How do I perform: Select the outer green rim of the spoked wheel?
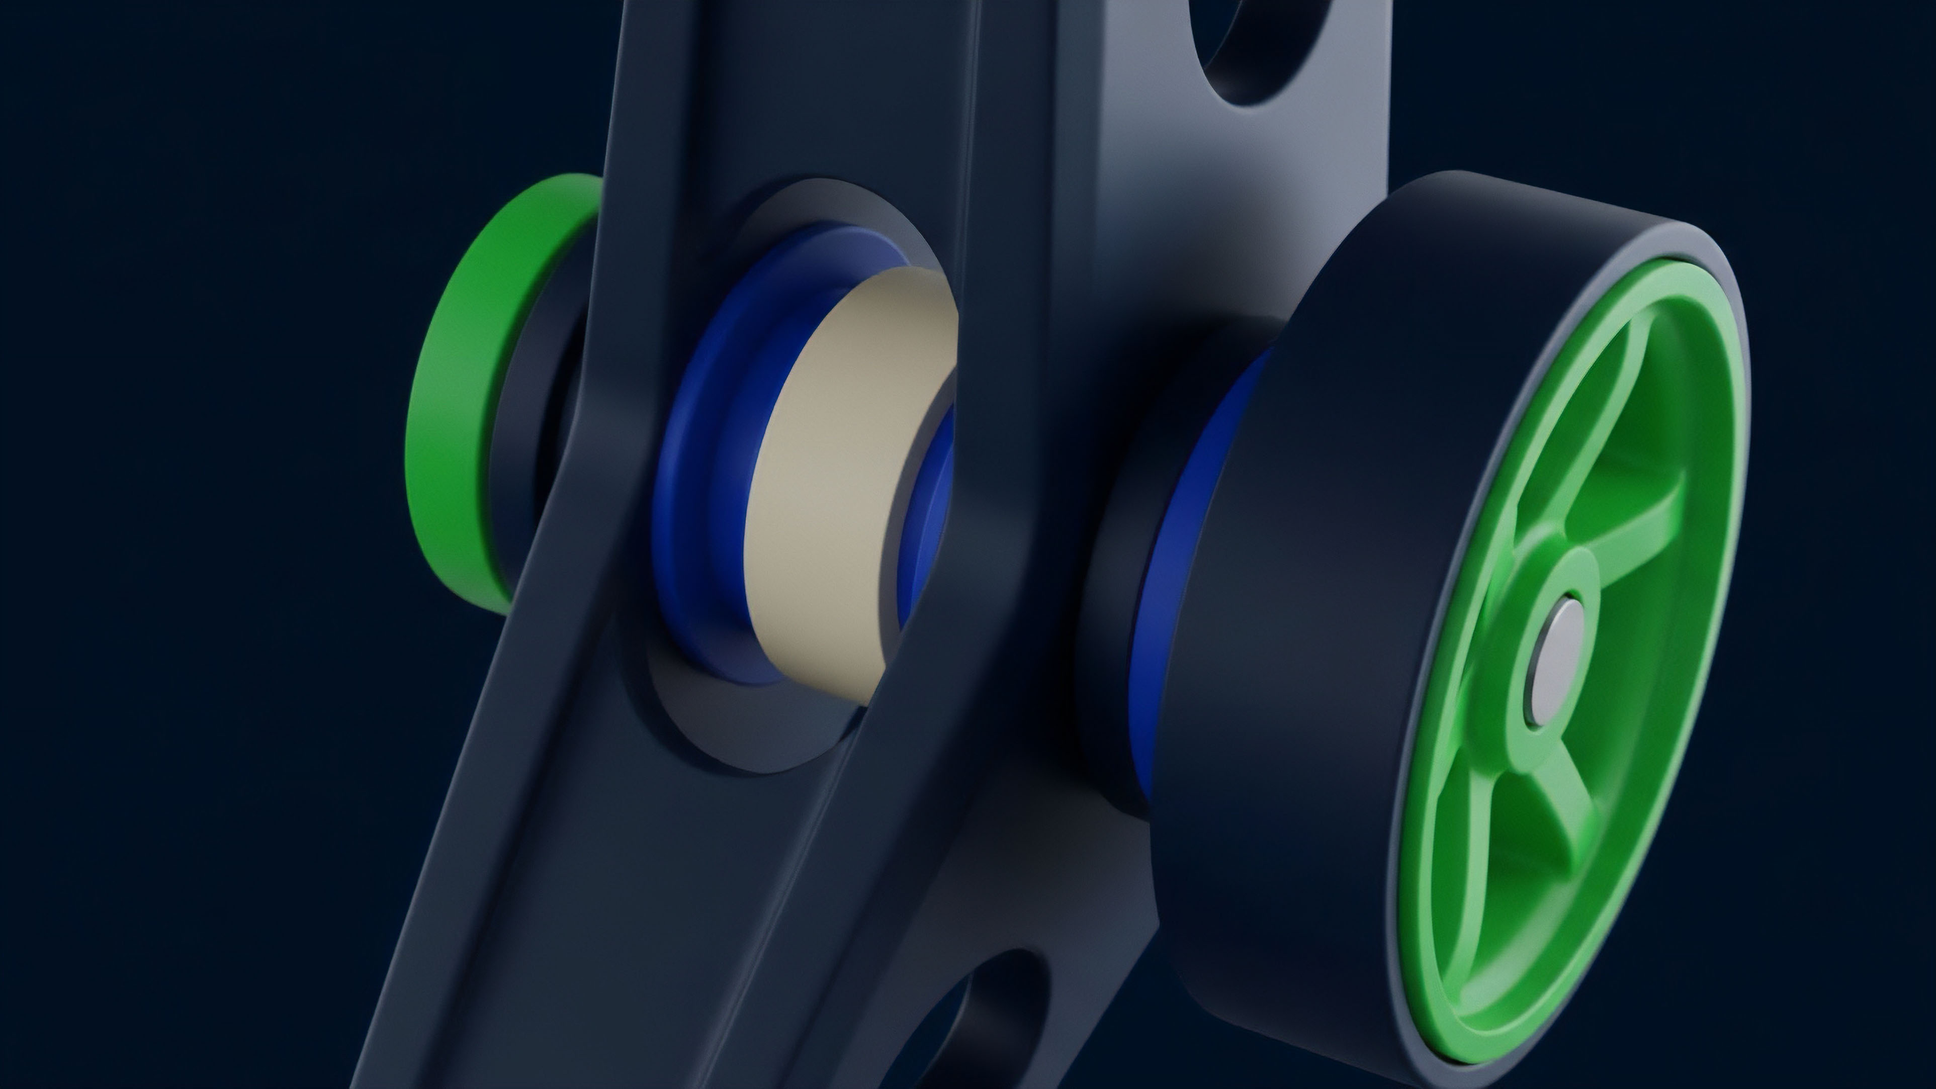coord(1721,526)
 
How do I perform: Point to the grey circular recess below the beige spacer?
coord(752,729)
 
